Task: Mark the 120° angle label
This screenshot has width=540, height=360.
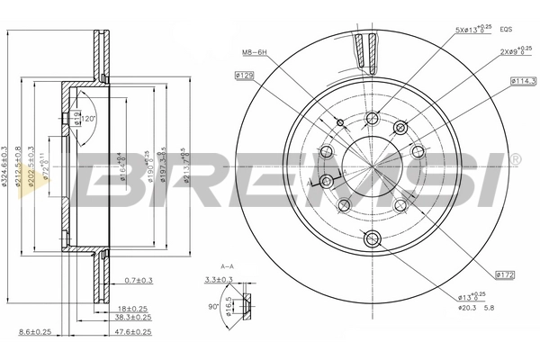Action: [89, 118]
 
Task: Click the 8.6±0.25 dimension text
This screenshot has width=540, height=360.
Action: [33, 332]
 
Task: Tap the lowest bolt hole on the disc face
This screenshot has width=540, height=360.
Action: [373, 238]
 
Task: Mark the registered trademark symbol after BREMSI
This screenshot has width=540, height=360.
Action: [515, 160]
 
